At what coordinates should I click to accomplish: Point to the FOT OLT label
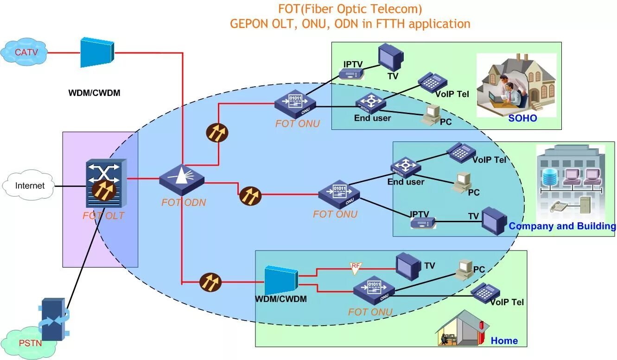point(103,216)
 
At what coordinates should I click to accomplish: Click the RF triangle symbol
point(356,267)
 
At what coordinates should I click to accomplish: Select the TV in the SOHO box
point(390,58)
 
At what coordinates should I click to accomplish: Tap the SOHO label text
point(522,118)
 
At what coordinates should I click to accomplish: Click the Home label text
point(504,341)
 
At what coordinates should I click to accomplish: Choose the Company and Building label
point(562,226)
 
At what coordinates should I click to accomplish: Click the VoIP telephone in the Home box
point(485,291)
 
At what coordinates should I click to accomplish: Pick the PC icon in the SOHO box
point(431,114)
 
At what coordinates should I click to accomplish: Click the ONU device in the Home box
point(374,290)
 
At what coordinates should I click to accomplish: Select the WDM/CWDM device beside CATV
point(97,52)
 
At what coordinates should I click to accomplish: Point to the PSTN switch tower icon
point(53,320)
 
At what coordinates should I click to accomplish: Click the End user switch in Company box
point(406,167)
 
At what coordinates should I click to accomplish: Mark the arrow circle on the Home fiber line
point(210,282)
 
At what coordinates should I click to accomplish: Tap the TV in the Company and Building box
point(494,221)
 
